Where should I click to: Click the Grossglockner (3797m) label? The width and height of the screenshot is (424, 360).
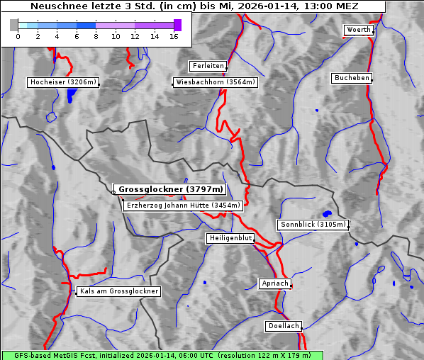pyautogui.click(x=170, y=190)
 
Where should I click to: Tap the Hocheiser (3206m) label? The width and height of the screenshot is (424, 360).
pyautogui.click(x=62, y=82)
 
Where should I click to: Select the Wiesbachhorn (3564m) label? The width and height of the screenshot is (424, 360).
pyautogui.click(x=216, y=82)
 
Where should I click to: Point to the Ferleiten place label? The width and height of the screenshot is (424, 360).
pyautogui.click(x=208, y=66)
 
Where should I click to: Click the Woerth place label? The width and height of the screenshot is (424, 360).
pyautogui.click(x=357, y=30)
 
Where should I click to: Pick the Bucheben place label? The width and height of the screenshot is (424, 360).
pyautogui.click(x=352, y=77)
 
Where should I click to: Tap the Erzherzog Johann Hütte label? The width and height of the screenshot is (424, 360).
pyautogui.click(x=183, y=206)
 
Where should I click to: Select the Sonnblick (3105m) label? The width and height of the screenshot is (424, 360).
pyautogui.click(x=313, y=225)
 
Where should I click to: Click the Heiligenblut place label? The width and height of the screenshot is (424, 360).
pyautogui.click(x=230, y=238)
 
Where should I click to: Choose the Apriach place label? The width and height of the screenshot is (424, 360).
pyautogui.click(x=274, y=283)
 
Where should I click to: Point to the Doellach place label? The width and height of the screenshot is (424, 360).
pyautogui.click(x=283, y=327)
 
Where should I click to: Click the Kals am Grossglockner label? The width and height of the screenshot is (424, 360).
pyautogui.click(x=119, y=291)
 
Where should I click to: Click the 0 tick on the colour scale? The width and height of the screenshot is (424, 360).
pyautogui.click(x=18, y=35)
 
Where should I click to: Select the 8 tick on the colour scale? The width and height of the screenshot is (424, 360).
pyautogui.click(x=96, y=35)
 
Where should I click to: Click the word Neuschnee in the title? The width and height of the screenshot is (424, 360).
pyautogui.click(x=55, y=6)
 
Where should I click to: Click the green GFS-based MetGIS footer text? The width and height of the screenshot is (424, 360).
pyautogui.click(x=162, y=355)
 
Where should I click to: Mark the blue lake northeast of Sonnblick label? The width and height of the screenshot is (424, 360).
pyautogui.click(x=327, y=213)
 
